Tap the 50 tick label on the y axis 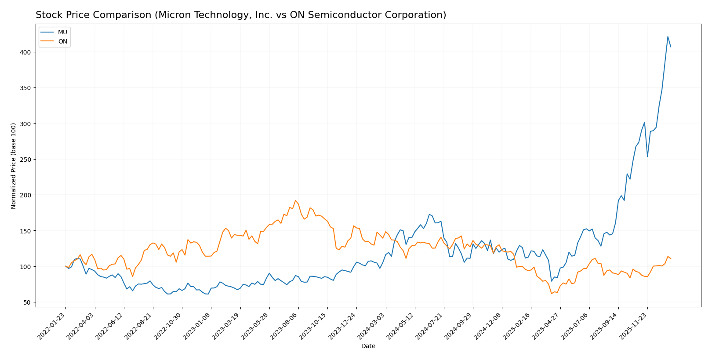[27, 302]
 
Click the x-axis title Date [368, 346]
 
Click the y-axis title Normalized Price [14, 166]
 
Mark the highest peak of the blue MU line [668, 36]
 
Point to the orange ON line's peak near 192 [295, 200]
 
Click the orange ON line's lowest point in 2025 [551, 294]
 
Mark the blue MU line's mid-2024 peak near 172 [429, 214]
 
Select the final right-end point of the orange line [671, 258]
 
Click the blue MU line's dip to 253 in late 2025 [647, 157]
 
